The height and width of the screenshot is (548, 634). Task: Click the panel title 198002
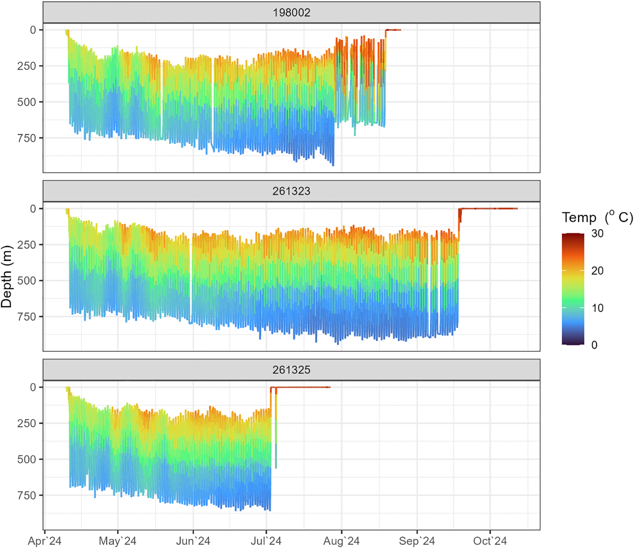coord(291,13)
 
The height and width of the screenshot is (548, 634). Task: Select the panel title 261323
coord(291,191)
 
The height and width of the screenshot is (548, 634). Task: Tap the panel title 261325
coord(291,370)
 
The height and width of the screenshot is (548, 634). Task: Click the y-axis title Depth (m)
coord(7,276)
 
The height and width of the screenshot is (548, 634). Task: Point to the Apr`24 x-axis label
coord(44,541)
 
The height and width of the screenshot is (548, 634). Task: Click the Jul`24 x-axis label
coord(266,541)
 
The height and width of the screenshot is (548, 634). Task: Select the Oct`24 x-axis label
coord(490,541)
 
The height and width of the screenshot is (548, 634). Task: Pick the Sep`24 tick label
coord(417,541)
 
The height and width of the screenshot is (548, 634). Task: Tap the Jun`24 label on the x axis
coord(193,541)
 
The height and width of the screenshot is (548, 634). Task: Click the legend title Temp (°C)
coord(597,217)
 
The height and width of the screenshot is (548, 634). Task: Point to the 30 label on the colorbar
coord(597,234)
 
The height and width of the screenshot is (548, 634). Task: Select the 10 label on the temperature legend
coord(597,308)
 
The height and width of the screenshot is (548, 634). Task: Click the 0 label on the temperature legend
coord(594,345)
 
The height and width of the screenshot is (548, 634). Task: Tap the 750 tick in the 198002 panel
coord(26,138)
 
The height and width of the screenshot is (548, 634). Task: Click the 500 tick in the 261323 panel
coord(26,281)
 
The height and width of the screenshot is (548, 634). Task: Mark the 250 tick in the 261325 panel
coord(26,423)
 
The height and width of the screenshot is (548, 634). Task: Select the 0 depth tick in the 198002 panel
coord(33,30)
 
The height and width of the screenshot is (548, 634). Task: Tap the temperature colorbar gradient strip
coord(573,289)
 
